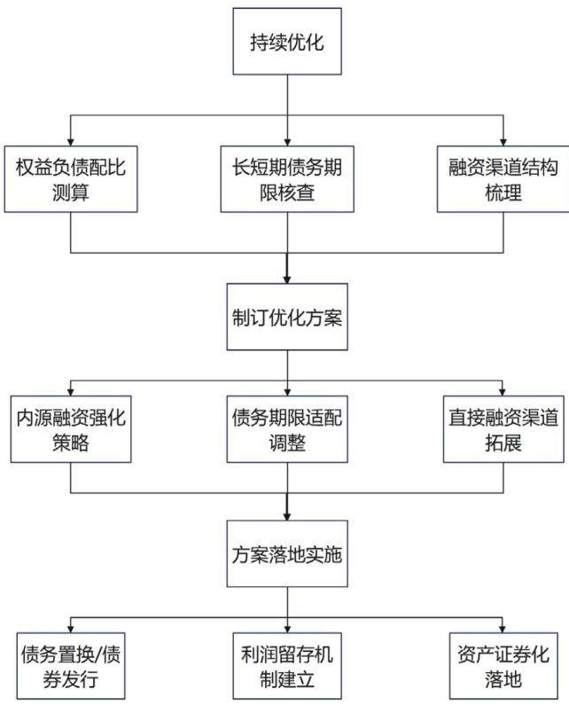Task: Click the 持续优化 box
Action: (287, 42)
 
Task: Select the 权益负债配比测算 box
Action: (71, 179)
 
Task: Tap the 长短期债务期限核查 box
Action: (287, 179)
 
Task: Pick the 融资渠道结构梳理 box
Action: (503, 179)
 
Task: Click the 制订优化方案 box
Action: (287, 317)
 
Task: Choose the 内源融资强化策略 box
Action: (71, 429)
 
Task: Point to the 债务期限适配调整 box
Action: (287, 429)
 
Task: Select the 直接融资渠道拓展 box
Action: (503, 429)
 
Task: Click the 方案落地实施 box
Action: (287, 553)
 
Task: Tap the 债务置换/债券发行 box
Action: (71, 666)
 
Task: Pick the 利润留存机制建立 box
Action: (287, 666)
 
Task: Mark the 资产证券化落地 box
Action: (503, 666)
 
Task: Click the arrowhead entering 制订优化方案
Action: (287, 279)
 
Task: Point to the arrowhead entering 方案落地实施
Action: (287, 516)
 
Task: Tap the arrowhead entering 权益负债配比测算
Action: (71, 142)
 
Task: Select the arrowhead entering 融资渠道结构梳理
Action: (503, 142)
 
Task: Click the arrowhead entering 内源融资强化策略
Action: (71, 392)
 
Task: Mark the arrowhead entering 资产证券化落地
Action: (503, 629)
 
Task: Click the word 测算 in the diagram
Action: (71, 192)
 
